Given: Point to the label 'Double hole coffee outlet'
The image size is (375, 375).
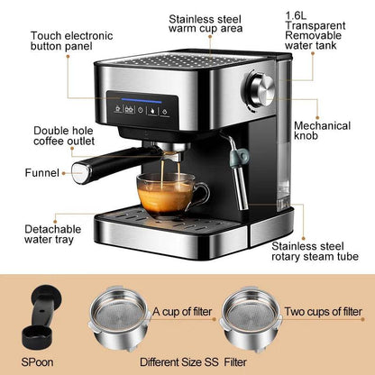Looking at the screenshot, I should [61, 134].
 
